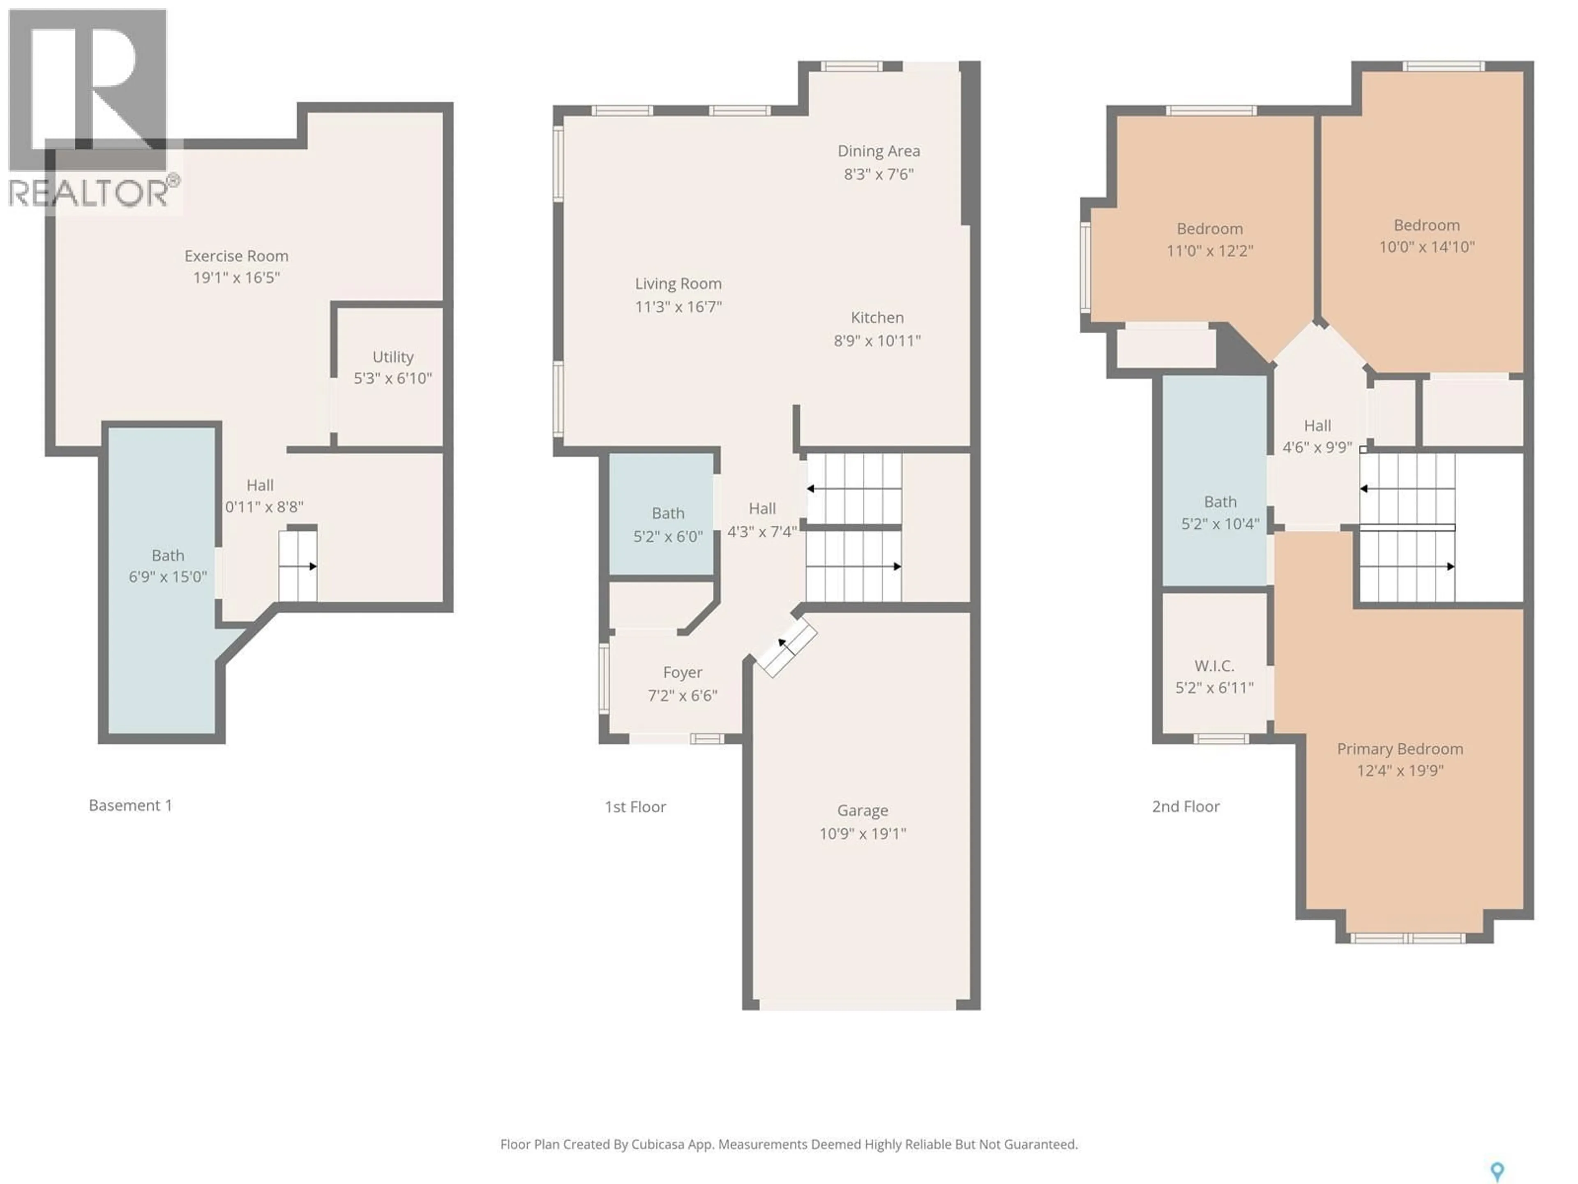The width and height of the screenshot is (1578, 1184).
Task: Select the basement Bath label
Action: (x=168, y=555)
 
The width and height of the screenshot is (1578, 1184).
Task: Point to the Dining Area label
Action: (x=878, y=151)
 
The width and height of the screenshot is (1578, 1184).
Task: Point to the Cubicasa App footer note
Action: (x=788, y=1144)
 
